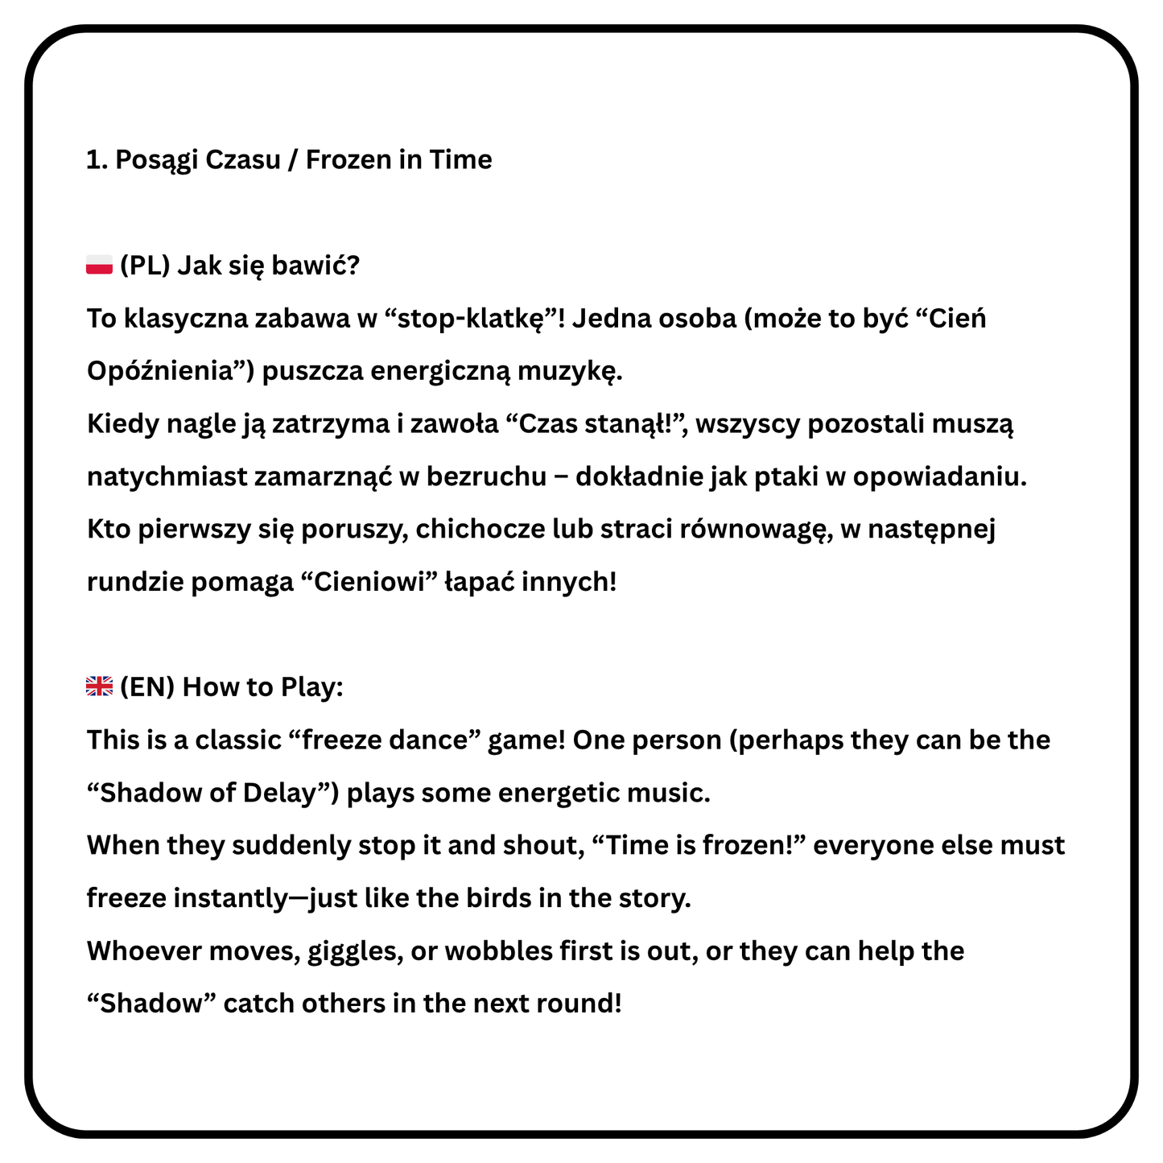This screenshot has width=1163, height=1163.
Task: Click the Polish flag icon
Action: pyautogui.click(x=99, y=265)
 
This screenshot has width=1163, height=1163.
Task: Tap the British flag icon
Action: pyautogui.click(x=99, y=687)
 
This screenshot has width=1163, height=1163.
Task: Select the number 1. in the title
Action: pyautogui.click(x=97, y=160)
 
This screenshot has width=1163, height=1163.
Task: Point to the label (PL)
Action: pyautogui.click(x=145, y=266)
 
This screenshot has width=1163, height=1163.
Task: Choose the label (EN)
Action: pyautogui.click(x=147, y=687)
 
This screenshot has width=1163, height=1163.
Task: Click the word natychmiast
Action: pyautogui.click(x=167, y=477)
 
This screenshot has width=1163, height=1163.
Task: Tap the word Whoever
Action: pyautogui.click(x=143, y=951)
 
